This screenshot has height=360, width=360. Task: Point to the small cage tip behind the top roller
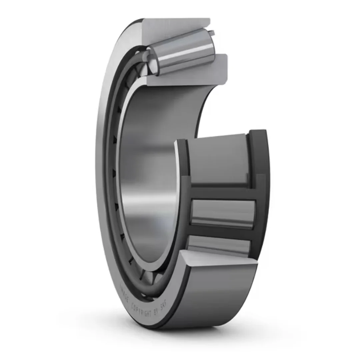pyautogui.click(x=212, y=32)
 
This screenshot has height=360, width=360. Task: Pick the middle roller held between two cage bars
pyautogui.click(x=222, y=213)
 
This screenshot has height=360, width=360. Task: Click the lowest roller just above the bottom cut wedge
pyautogui.click(x=218, y=245)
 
